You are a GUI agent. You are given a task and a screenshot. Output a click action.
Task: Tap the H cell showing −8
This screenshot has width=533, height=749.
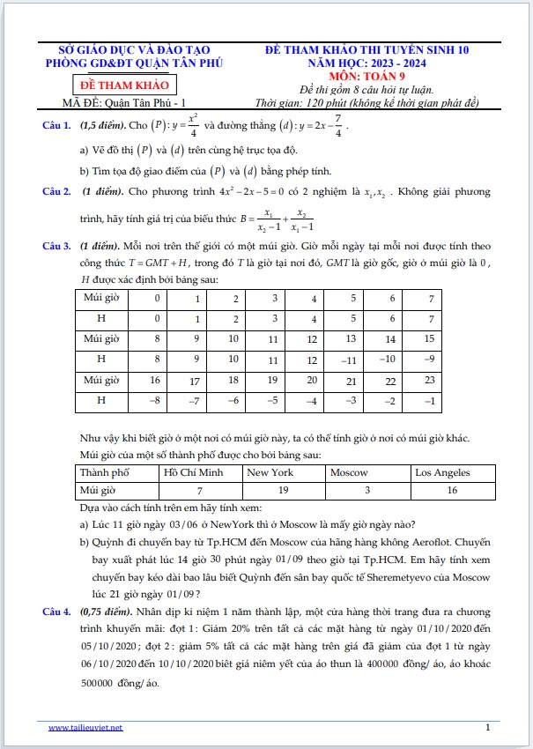coord(157,401)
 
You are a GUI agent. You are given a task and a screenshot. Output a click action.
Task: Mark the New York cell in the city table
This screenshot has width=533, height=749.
coord(270,472)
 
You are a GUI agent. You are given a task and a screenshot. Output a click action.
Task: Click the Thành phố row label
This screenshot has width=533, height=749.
coord(104,472)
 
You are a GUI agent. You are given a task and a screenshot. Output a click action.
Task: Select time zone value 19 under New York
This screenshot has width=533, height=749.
coord(283,489)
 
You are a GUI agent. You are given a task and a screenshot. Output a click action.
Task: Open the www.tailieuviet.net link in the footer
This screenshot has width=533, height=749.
coord(85,727)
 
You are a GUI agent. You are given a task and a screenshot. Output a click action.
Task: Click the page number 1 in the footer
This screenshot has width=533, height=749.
coord(487,727)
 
